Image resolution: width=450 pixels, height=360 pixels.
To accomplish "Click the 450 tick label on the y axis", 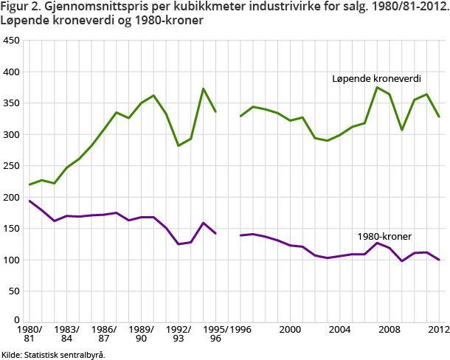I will tap(11, 41).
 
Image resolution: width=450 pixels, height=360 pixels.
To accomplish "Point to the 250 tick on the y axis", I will tap(11, 166).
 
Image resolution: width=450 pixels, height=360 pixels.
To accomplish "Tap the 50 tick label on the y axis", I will tap(13, 291).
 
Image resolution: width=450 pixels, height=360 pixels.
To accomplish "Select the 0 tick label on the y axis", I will tap(16, 322).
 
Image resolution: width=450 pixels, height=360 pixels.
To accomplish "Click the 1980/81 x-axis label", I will tap(30, 333).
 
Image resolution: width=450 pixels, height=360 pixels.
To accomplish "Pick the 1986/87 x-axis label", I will tap(104, 333).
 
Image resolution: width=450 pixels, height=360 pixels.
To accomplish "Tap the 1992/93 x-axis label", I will tap(179, 333).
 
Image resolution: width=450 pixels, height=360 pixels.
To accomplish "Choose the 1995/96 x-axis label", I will tap(216, 333).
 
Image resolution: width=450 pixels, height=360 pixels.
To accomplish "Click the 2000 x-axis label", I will tap(291, 328).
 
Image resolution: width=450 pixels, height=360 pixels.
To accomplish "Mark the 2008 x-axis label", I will tap(390, 328).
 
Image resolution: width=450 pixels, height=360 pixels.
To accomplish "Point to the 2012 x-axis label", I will tap(439, 328).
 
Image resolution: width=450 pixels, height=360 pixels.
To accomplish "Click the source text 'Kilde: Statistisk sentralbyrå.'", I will tap(53, 354).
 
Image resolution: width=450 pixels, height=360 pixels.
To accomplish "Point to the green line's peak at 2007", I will tap(377, 88).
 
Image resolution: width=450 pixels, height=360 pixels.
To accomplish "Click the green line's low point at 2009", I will tap(402, 130).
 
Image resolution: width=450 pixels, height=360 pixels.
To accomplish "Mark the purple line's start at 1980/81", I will tap(29, 201).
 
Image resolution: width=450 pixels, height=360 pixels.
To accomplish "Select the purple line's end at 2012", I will tap(439, 260).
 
